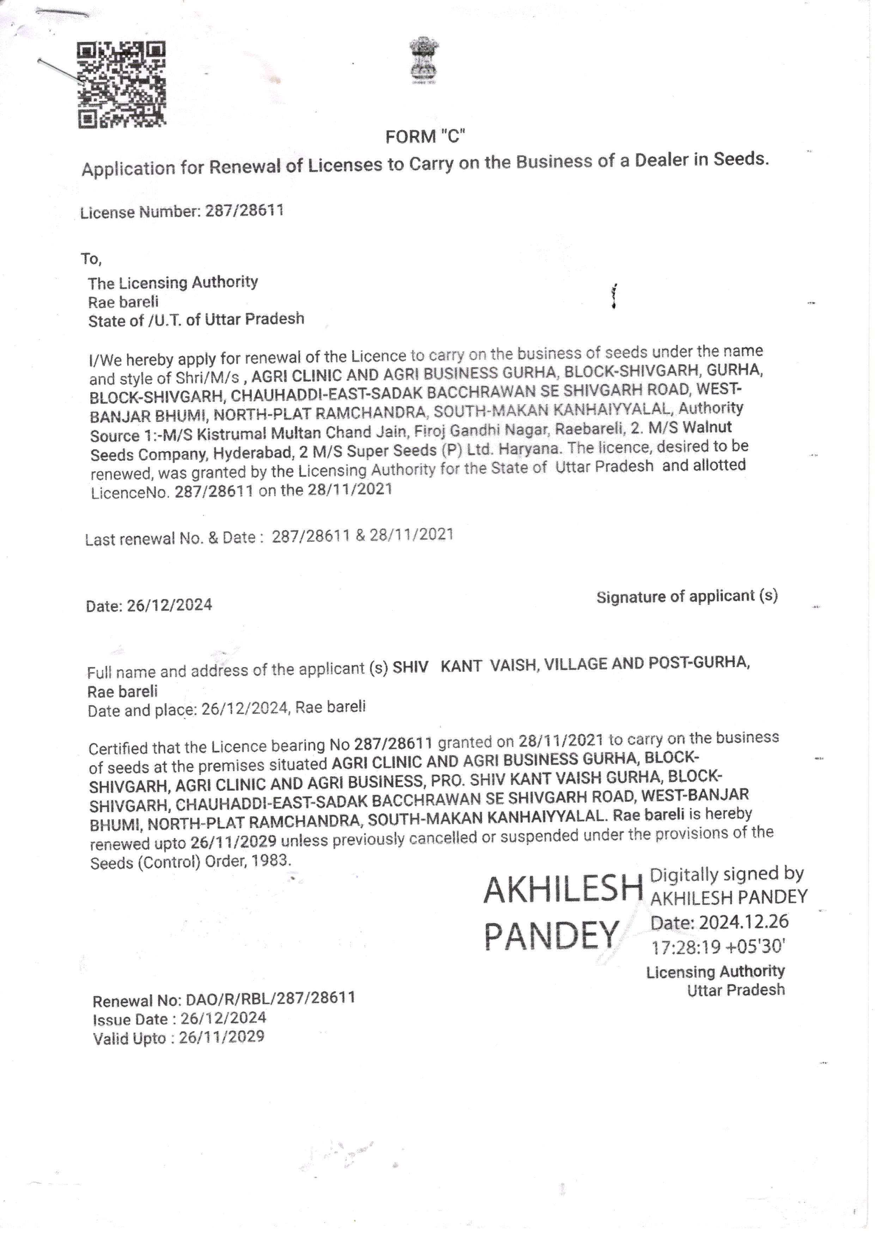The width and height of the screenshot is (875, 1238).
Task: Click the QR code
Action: tap(121, 85)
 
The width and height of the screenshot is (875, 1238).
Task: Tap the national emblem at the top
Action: tap(424, 60)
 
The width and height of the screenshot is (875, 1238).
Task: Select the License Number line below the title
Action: tap(182, 211)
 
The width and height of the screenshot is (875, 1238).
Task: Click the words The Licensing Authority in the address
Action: tap(172, 282)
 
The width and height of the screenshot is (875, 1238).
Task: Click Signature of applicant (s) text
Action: tap(687, 596)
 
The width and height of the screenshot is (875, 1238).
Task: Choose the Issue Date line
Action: tap(180, 1018)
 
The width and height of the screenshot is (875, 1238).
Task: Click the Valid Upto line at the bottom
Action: tap(178, 1037)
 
